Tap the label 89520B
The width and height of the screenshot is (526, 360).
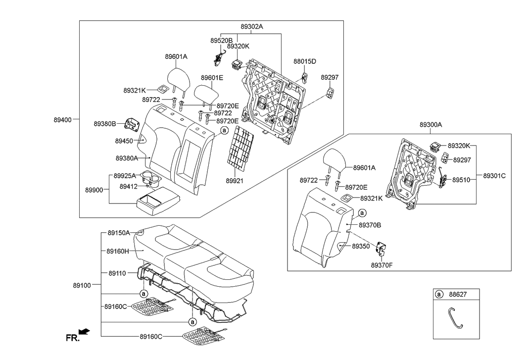[x=221, y=40]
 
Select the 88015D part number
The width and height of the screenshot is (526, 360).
[x=304, y=61]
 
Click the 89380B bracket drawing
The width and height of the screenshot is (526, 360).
[x=132, y=124]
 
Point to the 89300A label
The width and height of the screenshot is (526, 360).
[x=430, y=126]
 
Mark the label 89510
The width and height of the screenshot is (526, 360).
[x=461, y=180]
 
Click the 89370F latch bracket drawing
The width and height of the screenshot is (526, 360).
[x=382, y=250]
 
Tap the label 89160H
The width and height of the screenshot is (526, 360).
[x=118, y=251]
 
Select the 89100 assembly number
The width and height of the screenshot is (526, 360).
[x=83, y=286]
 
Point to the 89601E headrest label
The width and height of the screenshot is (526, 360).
[x=212, y=78]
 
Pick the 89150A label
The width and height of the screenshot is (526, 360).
[x=118, y=232]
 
